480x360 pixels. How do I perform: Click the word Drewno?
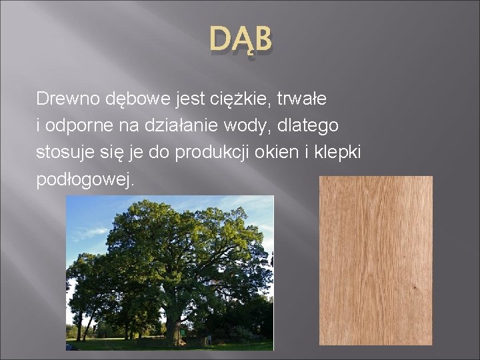(67, 99)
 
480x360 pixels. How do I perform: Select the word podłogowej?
(85, 179)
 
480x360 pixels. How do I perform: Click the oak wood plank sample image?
(375, 260)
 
